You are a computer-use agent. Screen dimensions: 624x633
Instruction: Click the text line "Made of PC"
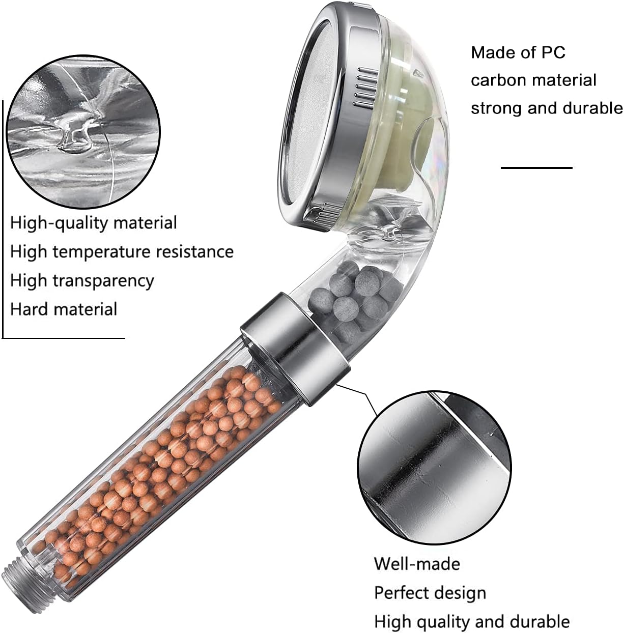[518, 52]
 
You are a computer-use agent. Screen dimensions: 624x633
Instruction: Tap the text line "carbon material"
[533, 80]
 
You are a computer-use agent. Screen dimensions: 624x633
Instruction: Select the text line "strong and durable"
[547, 108]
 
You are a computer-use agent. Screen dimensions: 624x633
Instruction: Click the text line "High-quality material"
[94, 223]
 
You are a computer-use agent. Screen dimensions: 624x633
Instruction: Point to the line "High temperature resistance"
[122, 252]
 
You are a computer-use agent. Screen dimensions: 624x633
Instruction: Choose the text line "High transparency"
[82, 281]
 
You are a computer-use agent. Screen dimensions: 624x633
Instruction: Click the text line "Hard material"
[64, 309]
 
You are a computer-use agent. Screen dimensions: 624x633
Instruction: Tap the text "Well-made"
[417, 564]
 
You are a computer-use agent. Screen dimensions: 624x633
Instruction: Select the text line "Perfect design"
[430, 593]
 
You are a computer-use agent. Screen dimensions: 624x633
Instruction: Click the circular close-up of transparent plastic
[84, 132]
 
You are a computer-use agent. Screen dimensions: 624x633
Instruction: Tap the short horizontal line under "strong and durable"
[536, 168]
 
